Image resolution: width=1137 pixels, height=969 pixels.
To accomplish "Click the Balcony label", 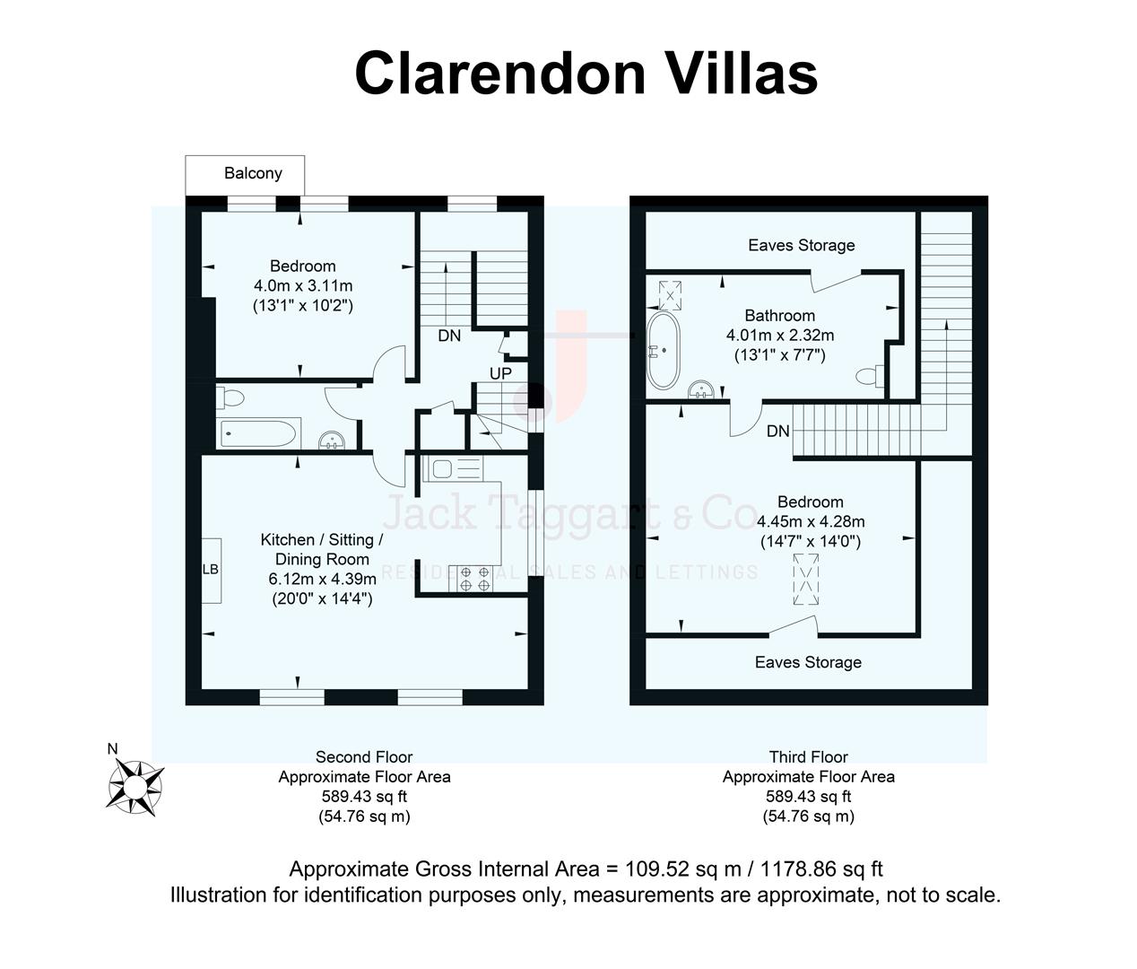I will (x=252, y=173).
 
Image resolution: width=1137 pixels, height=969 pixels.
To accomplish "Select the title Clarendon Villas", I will (x=586, y=73).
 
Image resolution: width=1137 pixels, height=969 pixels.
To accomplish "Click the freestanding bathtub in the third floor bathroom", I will (x=664, y=351).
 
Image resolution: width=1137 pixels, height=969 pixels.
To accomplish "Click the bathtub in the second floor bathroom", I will (x=258, y=433).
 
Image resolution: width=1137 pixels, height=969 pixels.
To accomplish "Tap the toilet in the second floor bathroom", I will (x=230, y=397).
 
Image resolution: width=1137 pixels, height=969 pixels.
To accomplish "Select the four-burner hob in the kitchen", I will (x=475, y=579).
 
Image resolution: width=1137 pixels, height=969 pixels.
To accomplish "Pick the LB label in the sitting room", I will (x=210, y=570).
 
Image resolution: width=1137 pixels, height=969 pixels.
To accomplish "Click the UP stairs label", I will (x=500, y=372).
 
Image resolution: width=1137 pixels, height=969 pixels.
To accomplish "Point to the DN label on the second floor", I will (x=449, y=336).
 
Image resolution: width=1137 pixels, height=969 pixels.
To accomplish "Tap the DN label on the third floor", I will (x=777, y=432).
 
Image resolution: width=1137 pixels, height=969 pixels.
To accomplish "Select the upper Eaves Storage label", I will (x=801, y=245).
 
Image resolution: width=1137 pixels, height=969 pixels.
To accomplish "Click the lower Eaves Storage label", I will (x=807, y=662).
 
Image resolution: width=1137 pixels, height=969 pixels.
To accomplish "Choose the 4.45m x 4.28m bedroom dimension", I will (x=810, y=521).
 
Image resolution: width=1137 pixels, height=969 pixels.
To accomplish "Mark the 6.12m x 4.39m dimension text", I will (x=322, y=579).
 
